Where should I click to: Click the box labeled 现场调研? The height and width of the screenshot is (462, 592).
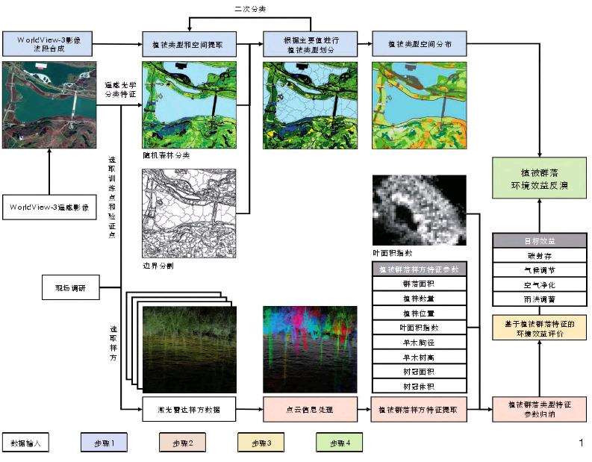[x=71, y=287]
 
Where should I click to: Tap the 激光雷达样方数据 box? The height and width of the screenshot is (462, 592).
[x=190, y=409]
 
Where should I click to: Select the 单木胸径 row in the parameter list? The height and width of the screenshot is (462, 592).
[x=420, y=343]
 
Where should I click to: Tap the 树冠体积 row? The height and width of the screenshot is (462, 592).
[x=420, y=387]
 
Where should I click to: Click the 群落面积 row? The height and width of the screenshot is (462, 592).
[x=420, y=284]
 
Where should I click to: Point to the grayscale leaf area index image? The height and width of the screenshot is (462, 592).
[x=420, y=210]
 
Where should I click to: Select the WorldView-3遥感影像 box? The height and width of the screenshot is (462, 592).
[x=49, y=207]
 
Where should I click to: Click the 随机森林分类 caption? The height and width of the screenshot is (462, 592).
[x=166, y=155]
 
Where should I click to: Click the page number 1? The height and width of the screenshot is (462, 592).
[x=581, y=443]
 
